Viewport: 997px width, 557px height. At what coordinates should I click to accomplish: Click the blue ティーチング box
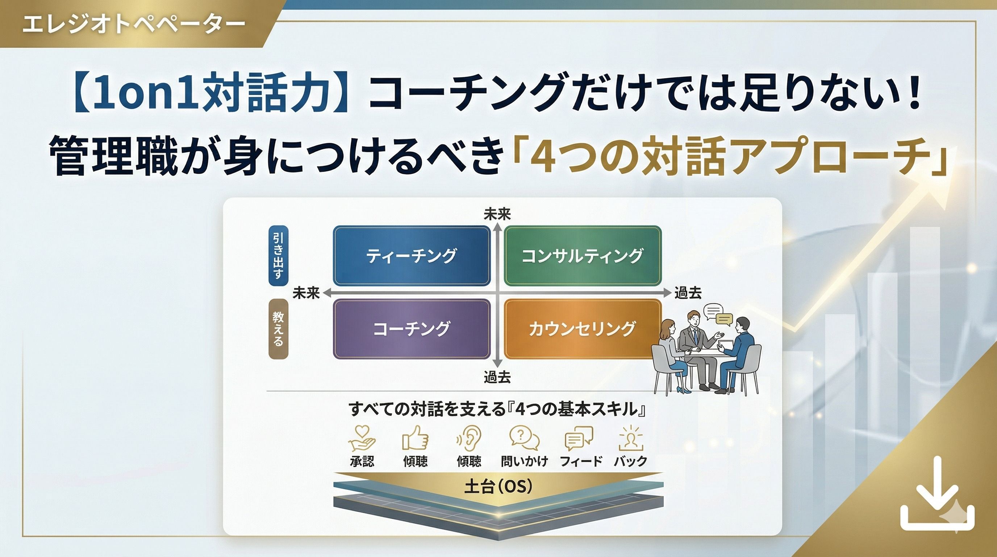tap(412, 256)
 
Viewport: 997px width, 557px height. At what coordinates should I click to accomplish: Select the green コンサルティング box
tap(583, 256)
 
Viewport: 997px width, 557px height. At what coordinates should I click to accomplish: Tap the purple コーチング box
tap(412, 329)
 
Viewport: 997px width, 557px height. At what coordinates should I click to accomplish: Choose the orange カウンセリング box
tap(583, 329)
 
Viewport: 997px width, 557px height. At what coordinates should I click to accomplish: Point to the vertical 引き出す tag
tap(278, 256)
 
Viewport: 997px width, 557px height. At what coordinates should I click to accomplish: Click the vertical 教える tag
tap(278, 329)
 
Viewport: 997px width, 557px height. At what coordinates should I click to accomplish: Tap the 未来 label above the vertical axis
tap(497, 214)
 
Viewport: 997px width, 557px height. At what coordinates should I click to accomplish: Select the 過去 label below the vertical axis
tap(497, 377)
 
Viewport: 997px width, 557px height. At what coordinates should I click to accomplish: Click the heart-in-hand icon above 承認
tap(362, 438)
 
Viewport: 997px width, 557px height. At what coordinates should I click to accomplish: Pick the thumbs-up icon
tap(415, 438)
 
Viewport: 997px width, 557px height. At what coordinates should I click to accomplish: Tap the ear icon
tap(470, 438)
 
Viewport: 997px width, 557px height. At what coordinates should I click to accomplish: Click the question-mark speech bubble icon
tap(525, 438)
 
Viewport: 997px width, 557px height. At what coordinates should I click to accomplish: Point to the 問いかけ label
tap(525, 461)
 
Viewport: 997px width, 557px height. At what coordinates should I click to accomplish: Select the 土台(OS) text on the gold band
tap(498, 487)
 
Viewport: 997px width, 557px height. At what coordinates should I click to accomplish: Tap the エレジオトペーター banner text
tap(134, 24)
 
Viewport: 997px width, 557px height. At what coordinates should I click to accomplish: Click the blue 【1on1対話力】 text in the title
tap(211, 95)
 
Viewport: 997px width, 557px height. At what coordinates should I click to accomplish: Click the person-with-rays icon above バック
tap(630, 438)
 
